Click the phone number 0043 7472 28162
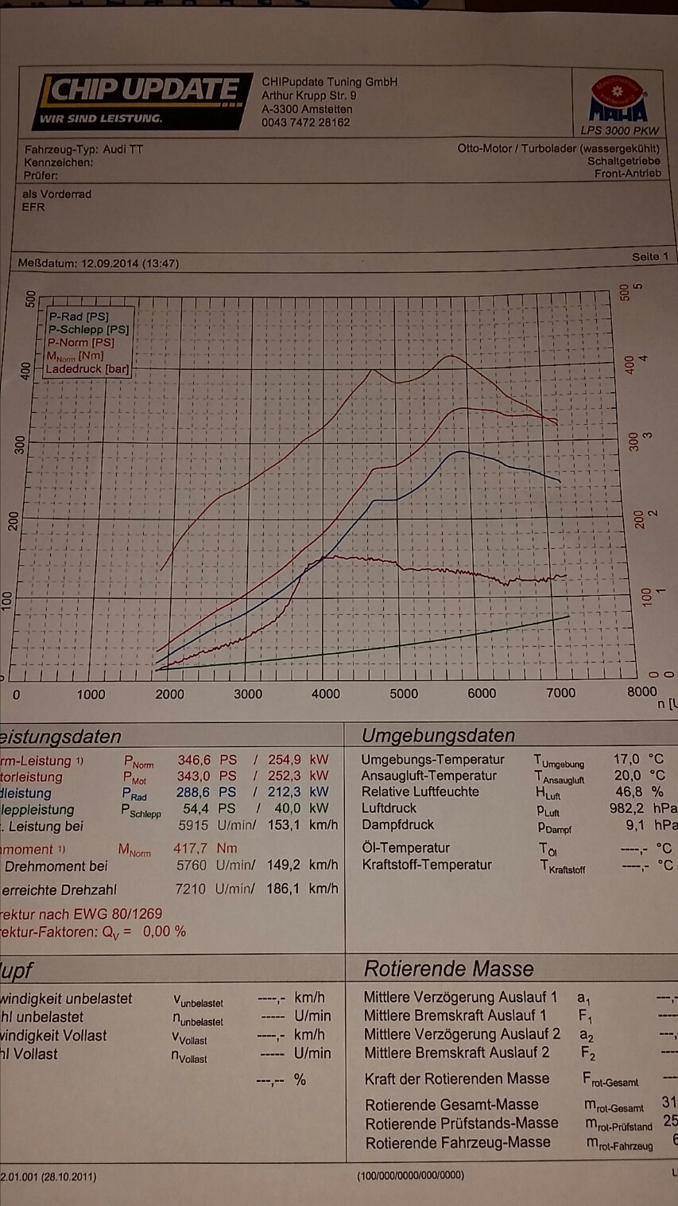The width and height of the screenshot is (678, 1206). [305, 123]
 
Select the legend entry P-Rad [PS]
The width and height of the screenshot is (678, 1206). [79, 317]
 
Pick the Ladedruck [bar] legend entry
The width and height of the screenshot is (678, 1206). [87, 369]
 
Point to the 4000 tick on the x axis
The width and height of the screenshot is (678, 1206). [325, 694]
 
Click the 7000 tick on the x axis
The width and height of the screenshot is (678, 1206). [560, 692]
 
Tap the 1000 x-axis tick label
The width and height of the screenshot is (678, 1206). [91, 694]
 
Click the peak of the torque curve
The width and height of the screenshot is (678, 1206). [451, 356]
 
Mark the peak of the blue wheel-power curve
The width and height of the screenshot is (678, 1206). [459, 451]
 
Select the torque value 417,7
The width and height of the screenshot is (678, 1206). [190, 849]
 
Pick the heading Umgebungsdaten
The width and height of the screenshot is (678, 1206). [438, 736]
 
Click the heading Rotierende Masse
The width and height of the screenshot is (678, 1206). [448, 969]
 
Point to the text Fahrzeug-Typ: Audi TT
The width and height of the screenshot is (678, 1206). [83, 150]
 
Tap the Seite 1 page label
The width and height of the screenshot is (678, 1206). [649, 257]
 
